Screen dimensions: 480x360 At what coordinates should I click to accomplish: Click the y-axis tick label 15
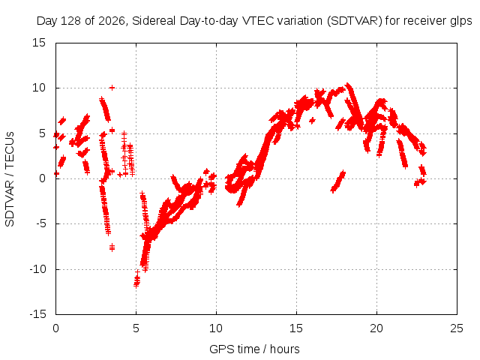pyautogui.click(x=39, y=43)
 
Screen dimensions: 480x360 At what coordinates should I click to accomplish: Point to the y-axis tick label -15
pyautogui.click(x=37, y=314)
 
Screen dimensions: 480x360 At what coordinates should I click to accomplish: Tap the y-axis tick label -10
pyautogui.click(x=37, y=269)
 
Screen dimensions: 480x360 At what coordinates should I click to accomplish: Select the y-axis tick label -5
pyautogui.click(x=40, y=223)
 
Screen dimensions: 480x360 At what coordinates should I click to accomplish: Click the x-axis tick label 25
pyautogui.click(x=457, y=328)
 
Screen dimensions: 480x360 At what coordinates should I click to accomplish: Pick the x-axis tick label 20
pyautogui.click(x=376, y=328)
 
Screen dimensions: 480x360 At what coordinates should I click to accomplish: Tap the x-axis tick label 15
pyautogui.click(x=296, y=328)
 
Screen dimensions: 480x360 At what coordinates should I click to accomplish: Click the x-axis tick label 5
pyautogui.click(x=136, y=328)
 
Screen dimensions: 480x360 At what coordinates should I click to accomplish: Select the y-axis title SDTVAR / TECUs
pyautogui.click(x=10, y=179)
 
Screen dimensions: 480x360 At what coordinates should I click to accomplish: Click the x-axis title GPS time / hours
pyautogui.click(x=254, y=349)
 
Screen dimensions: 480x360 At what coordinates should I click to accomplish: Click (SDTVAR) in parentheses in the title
pyautogui.click(x=355, y=21)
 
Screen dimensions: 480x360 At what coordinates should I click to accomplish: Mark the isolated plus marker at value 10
pyautogui.click(x=112, y=88)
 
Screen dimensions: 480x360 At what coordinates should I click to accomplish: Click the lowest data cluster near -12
pyautogui.click(x=136, y=279)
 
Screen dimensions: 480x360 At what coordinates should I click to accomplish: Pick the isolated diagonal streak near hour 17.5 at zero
pyautogui.click(x=338, y=181)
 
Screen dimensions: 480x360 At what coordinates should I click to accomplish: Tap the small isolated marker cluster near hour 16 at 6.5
pyautogui.click(x=312, y=121)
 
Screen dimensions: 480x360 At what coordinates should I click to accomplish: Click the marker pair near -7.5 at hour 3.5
pyautogui.click(x=112, y=247)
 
